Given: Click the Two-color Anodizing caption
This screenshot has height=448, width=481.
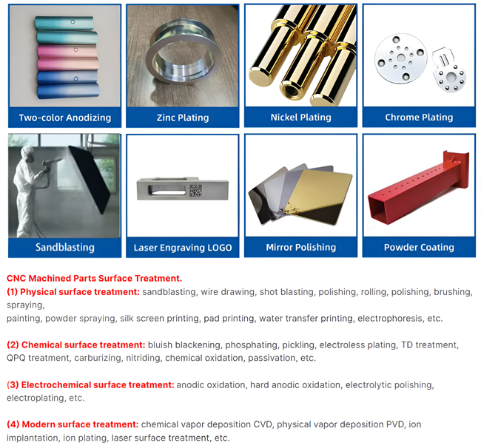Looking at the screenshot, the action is (65, 118).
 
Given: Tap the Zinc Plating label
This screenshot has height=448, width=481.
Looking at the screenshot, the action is (183, 118).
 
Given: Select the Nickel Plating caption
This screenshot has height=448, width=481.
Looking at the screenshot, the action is (301, 118).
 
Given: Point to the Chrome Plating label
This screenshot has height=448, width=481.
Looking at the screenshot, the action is (419, 118).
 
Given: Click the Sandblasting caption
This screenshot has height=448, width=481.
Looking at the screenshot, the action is (65, 248).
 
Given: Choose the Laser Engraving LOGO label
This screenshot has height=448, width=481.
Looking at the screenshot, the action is (183, 248).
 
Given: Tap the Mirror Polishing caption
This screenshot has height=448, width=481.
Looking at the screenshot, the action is (301, 248).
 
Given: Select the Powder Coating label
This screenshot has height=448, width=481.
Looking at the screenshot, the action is (419, 248).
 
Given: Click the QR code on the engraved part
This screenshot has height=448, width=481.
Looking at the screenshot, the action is (195, 190).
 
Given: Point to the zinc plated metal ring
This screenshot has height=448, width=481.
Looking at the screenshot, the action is (184, 56).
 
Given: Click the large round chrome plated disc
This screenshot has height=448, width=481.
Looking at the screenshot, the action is (400, 58).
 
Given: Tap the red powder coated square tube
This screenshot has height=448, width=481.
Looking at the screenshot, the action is (419, 189).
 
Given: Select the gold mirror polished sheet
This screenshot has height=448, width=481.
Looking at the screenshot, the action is (319, 196).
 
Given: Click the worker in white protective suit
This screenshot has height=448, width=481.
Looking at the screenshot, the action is (29, 190).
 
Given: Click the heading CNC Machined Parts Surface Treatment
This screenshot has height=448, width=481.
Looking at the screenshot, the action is (94, 278).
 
